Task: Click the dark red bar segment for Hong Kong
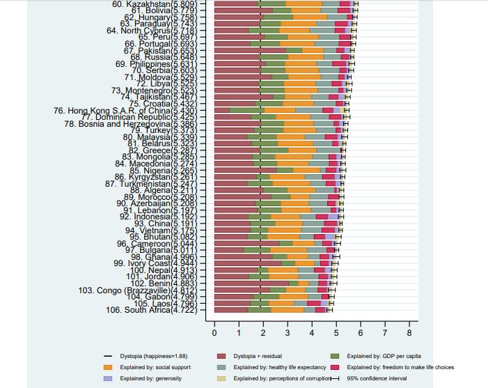(x=222, y=110)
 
